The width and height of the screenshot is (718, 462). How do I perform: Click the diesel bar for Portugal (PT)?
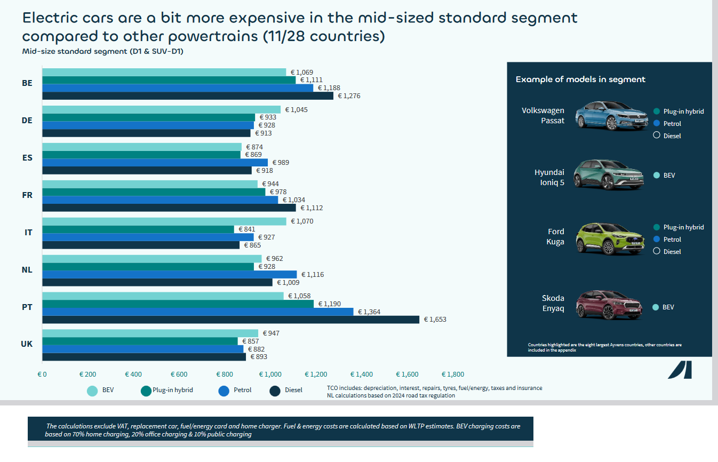[x=231, y=320]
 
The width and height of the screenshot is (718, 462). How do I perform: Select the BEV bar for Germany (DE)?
[x=162, y=110]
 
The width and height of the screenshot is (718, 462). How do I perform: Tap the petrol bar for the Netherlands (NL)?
[x=170, y=274]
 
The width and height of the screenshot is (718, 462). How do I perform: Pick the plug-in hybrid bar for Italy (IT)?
[x=138, y=229]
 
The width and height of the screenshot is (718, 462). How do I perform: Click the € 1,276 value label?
[x=349, y=96]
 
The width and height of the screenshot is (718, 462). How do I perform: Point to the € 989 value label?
[x=281, y=163]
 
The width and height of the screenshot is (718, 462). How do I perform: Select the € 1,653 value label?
[x=435, y=320]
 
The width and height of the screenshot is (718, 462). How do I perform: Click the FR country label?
[x=27, y=195]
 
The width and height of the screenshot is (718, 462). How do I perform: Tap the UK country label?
[x=27, y=344]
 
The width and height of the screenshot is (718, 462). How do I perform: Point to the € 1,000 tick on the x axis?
[x=270, y=374]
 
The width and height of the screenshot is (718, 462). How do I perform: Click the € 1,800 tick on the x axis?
[x=453, y=374]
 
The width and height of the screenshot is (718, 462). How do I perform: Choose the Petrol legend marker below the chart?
[x=224, y=391]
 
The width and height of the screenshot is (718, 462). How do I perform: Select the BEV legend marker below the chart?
[x=92, y=391]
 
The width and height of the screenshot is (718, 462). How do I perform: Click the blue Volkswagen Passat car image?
[x=612, y=116]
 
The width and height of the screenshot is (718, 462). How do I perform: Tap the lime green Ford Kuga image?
[x=610, y=239]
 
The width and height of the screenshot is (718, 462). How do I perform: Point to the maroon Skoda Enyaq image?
[x=609, y=305]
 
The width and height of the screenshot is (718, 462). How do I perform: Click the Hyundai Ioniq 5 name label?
[x=549, y=177]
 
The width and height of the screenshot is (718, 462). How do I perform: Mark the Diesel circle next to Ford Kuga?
[x=657, y=251]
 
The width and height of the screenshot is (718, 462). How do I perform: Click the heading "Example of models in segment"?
[x=580, y=79]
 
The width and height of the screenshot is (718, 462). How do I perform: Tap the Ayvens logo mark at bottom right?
[x=680, y=370]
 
